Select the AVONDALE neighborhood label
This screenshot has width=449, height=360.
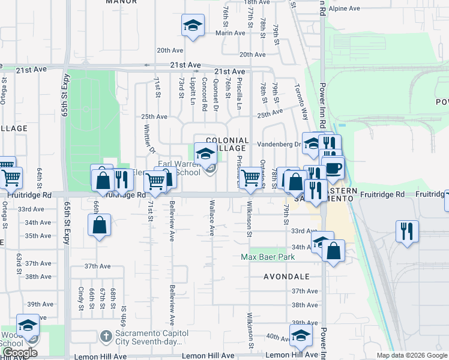point(286,277)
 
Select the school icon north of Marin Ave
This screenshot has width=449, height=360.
point(193,25)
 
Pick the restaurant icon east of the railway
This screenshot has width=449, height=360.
point(408,231)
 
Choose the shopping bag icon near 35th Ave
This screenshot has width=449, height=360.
point(100,226)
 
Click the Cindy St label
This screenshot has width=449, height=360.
point(80,298)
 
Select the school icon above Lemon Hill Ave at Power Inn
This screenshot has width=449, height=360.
point(301,334)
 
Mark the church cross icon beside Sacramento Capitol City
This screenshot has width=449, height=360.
point(105,335)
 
